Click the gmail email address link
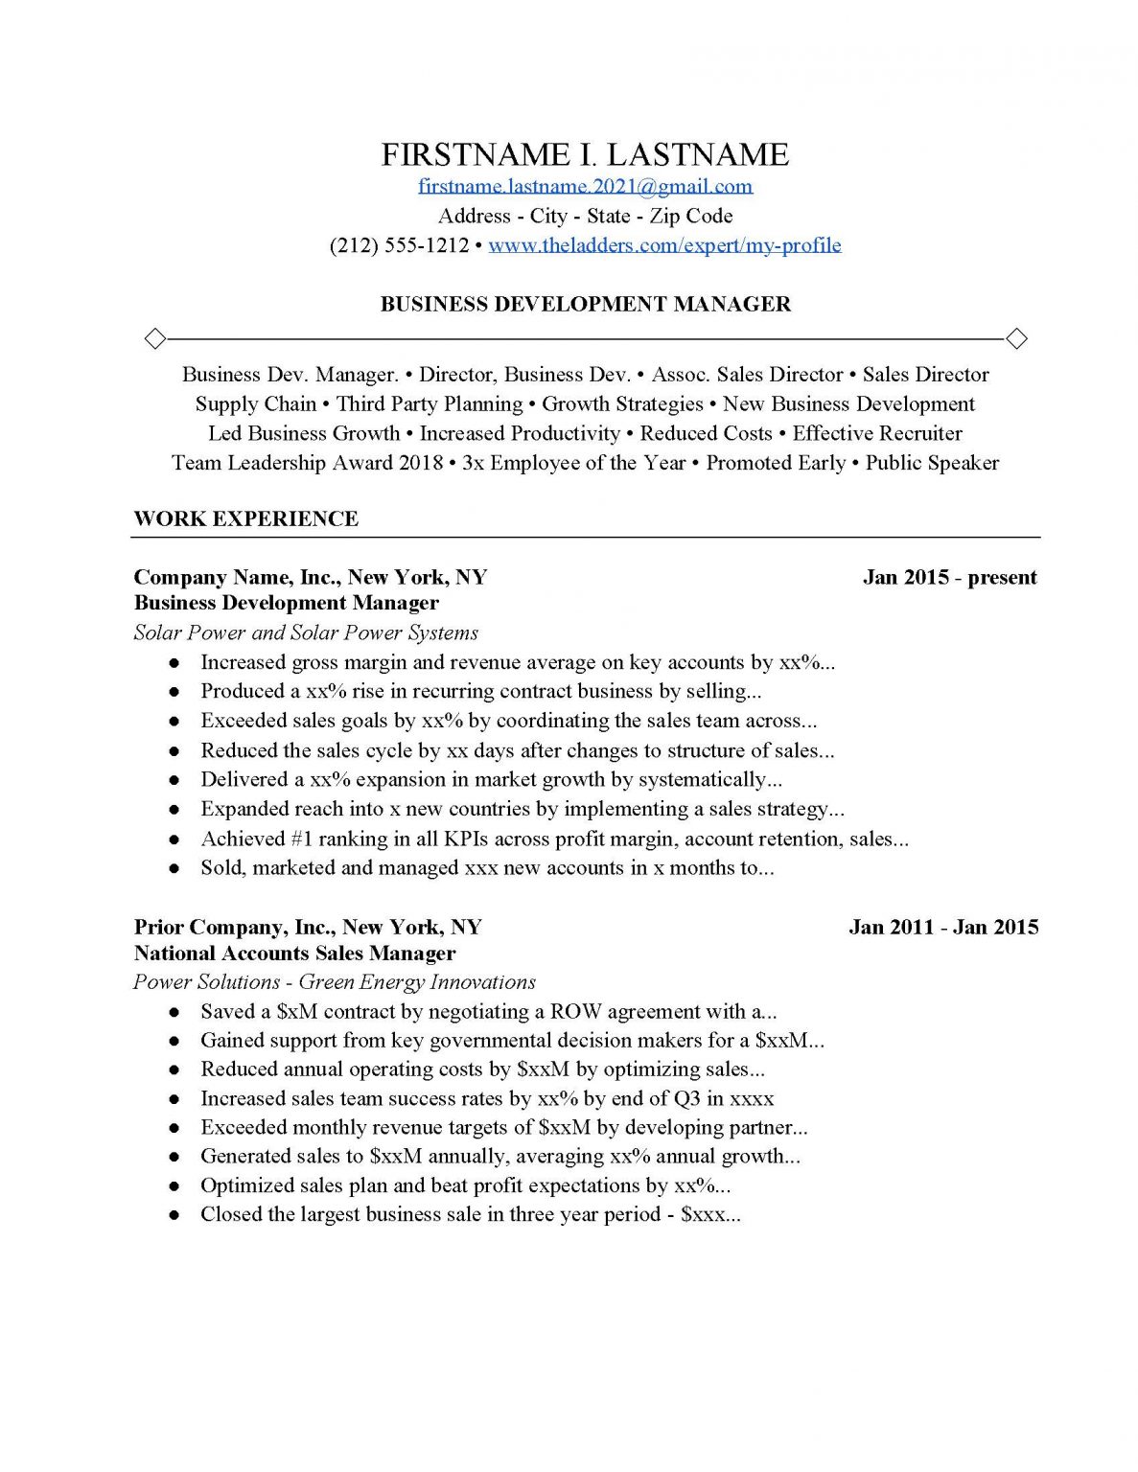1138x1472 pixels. click(585, 186)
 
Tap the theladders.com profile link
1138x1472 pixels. click(664, 245)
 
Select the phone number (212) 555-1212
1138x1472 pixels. click(399, 245)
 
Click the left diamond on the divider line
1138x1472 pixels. click(153, 338)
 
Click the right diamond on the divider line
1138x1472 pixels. click(1016, 338)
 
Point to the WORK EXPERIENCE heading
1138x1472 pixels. click(245, 518)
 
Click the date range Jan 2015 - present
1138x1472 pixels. click(949, 577)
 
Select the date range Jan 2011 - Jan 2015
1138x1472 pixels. click(943, 927)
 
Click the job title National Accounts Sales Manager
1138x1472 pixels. click(294, 953)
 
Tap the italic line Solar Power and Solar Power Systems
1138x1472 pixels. click(306, 632)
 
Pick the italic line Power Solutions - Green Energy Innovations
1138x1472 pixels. click(334, 981)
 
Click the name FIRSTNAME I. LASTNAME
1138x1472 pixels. click(585, 154)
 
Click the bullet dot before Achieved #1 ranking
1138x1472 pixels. click(174, 839)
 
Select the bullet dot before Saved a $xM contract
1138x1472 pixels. click(174, 1012)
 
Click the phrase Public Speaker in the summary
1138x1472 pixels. click(932, 463)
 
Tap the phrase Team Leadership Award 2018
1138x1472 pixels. click(307, 463)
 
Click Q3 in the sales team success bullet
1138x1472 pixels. click(686, 1098)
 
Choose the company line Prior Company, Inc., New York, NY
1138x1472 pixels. click(308, 927)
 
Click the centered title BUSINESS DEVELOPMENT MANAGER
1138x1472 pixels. click(585, 304)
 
